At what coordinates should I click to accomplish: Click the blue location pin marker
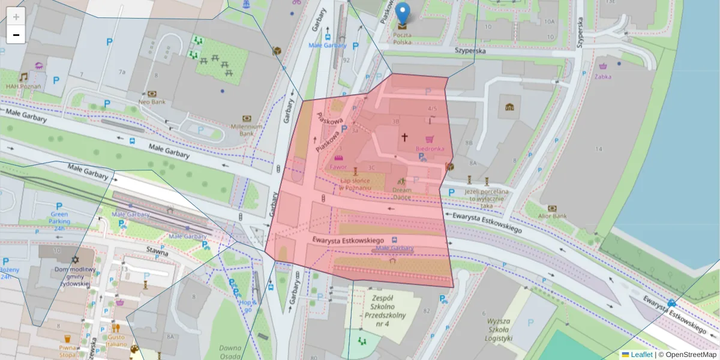point(403,13)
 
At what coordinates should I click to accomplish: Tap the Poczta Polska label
point(403,38)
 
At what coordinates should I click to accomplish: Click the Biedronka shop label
point(430,148)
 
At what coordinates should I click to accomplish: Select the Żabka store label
point(603,76)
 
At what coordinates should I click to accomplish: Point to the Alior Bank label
point(553,216)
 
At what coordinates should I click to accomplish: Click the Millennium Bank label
point(246,130)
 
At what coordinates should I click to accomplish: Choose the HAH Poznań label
point(23,86)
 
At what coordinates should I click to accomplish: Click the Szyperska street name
point(477,52)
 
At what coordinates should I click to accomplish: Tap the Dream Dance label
point(401,193)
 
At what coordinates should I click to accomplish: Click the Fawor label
point(338,167)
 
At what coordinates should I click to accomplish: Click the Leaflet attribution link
point(641,355)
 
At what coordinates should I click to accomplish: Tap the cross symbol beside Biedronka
point(405,137)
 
